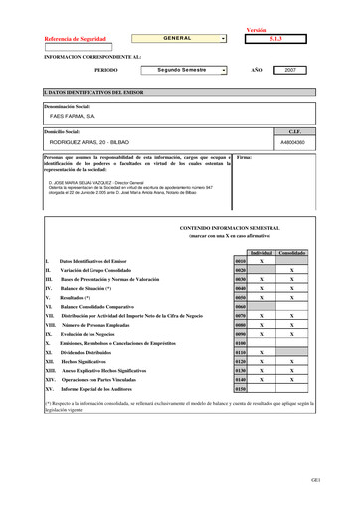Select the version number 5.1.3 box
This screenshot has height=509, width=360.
coord(276,39)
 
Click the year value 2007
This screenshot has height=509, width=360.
coord(289,71)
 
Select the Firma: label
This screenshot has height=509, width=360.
coord(245,157)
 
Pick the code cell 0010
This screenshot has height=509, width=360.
coord(240,260)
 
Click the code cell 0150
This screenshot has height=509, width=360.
coord(240,389)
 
